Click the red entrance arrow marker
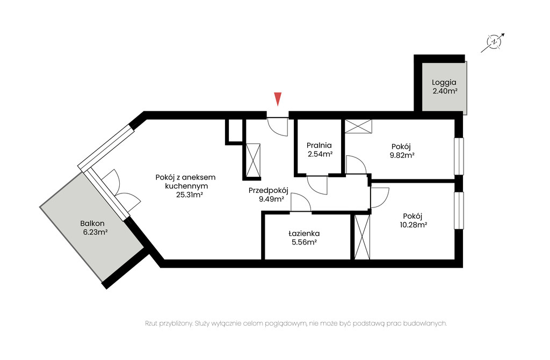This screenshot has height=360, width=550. [278, 98]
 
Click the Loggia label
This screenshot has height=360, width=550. [444, 82]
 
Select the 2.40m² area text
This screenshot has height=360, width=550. [445, 91]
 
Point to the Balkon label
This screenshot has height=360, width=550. [92, 223]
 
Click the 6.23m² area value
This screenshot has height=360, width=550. [95, 232]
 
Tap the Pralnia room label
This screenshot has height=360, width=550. [319, 145]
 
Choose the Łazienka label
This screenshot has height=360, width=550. [304, 233]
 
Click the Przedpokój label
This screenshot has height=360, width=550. [269, 191]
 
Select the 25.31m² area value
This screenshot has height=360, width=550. [190, 195]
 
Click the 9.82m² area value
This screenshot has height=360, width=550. [402, 155]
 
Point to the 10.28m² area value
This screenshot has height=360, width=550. [413, 225]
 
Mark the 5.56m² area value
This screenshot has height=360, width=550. [304, 242]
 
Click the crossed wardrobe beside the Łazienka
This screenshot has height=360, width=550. [362, 237]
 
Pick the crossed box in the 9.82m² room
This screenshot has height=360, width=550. [358, 126]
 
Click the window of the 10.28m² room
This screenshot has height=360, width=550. [459, 211]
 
